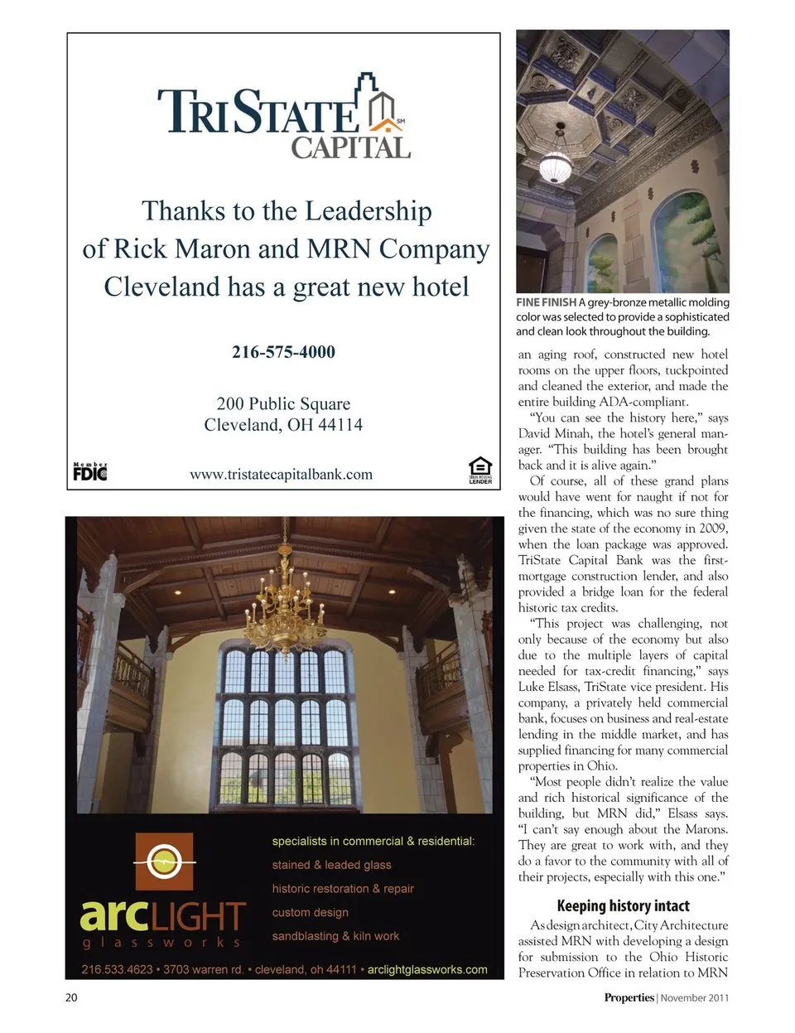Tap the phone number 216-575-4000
tap(283, 352)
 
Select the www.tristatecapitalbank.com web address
tap(281, 475)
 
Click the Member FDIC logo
tap(90, 472)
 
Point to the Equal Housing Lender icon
tap(480, 470)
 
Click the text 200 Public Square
tap(283, 404)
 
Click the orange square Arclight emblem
tap(164, 862)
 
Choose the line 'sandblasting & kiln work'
tap(335, 936)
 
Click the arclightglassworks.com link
tap(427, 969)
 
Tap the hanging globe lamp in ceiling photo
tap(555, 167)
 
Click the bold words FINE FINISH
tap(546, 302)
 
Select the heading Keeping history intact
tap(623, 905)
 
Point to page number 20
tap(71, 997)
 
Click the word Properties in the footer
tap(629, 997)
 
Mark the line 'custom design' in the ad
tap(310, 912)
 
